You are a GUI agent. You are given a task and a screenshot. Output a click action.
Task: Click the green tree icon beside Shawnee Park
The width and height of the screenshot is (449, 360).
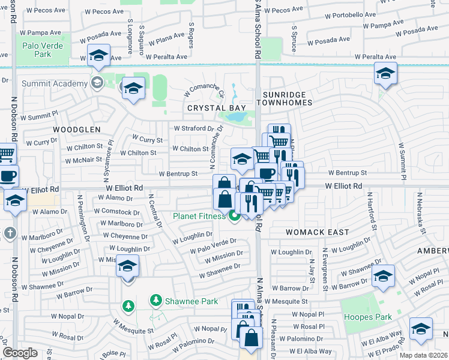coord(156,299)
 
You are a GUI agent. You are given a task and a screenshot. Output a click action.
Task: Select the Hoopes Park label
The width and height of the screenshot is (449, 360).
coord(367,317)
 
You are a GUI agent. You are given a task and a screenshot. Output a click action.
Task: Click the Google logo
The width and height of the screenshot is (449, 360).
coord(20,352)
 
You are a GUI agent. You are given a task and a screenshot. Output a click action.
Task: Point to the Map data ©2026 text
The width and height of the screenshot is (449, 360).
coord(423,355)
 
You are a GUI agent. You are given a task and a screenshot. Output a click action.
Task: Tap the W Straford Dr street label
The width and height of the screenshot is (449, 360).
coord(194,128)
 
